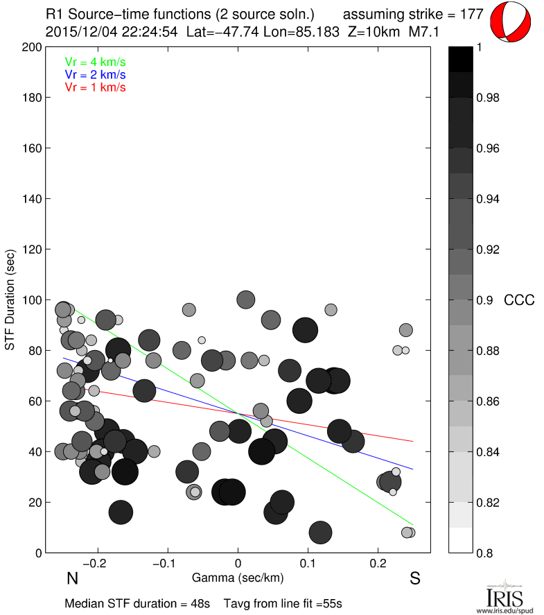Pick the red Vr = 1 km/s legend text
point(95,87)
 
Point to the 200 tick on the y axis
point(32,48)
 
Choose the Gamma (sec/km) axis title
point(238,577)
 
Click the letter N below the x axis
point(71,579)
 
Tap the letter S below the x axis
point(414,579)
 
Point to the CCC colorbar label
point(519,300)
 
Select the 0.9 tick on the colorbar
point(484,300)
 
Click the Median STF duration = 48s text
point(137,603)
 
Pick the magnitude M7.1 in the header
point(423,31)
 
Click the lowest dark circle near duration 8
point(319,532)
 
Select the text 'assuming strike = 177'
point(414,14)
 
